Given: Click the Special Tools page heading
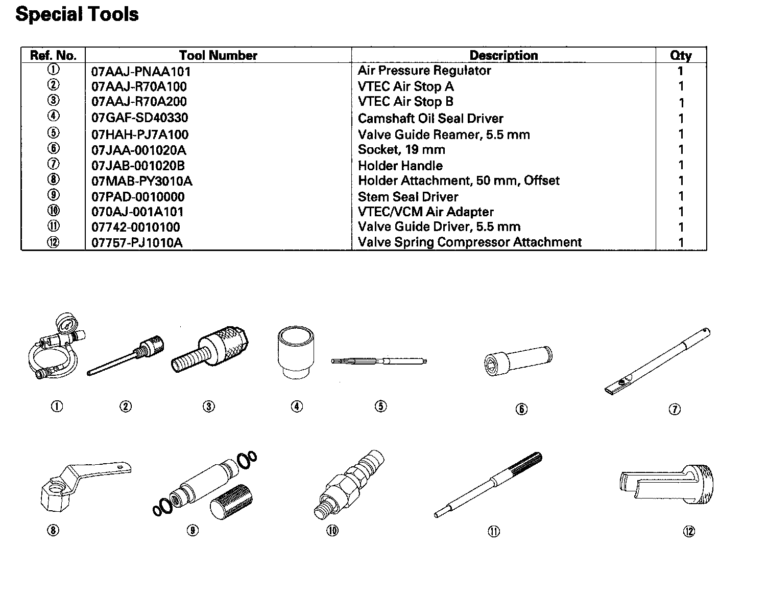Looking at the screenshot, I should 77,14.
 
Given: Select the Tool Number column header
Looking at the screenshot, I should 218,55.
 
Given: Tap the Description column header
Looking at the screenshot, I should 503,55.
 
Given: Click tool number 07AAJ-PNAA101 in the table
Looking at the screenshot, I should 141,72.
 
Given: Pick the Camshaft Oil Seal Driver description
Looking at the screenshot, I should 430,119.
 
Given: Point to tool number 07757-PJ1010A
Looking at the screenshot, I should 137,243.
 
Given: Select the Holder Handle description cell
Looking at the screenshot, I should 400,166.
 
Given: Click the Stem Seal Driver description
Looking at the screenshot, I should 408,197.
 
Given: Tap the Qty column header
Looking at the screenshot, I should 681,55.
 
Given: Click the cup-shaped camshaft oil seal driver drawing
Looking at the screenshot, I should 296,352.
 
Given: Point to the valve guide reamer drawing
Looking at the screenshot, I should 379,361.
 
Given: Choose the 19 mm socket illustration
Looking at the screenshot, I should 518,359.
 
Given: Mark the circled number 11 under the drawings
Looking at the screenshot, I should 494,532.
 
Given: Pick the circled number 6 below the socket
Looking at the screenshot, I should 521,409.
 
